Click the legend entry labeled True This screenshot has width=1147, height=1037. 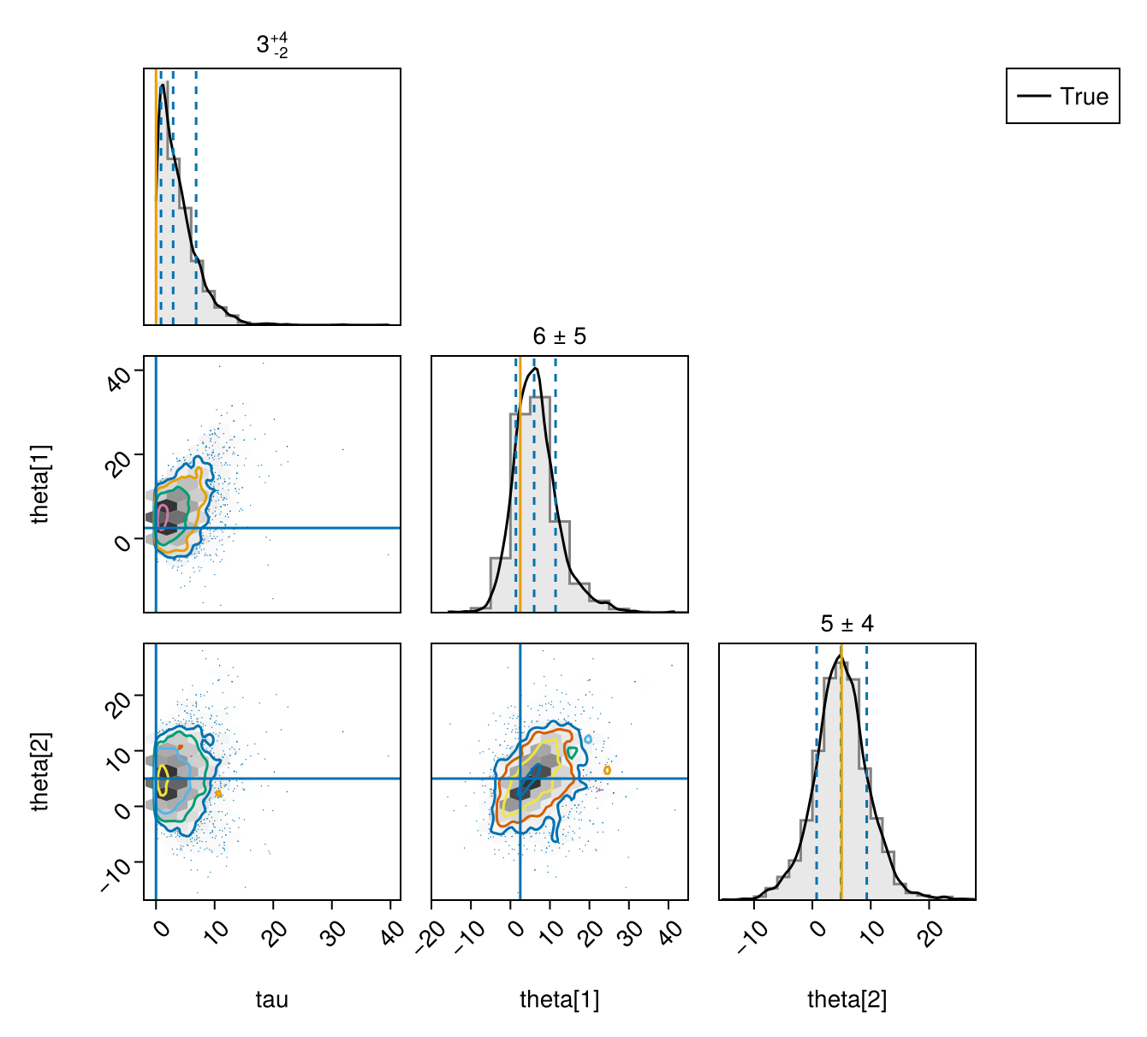(x=1062, y=96)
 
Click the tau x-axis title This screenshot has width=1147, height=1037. (x=271, y=1000)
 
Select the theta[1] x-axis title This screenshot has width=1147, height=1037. (x=559, y=1000)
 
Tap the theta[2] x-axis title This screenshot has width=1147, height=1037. (x=847, y=1000)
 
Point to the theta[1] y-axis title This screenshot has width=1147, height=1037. (x=41, y=483)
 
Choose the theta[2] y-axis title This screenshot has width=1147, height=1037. (x=41, y=771)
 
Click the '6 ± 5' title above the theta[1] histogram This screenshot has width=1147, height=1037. (x=559, y=336)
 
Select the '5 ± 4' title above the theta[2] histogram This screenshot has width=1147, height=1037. (x=847, y=624)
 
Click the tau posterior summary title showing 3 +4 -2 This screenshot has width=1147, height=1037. (x=272, y=44)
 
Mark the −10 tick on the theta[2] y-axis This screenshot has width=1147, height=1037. (x=118, y=874)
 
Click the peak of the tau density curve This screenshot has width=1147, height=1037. (x=163, y=85)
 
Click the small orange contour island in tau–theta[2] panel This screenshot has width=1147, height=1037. (x=218, y=793)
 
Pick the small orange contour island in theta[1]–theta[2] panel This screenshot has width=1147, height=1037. (x=607, y=771)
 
